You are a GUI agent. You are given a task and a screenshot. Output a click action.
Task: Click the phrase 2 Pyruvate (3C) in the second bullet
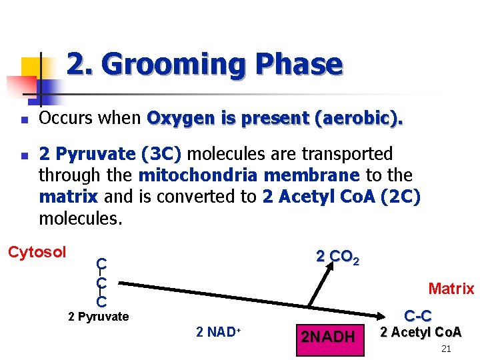[x=110, y=154]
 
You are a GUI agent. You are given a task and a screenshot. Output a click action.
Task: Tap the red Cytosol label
[x=37, y=252]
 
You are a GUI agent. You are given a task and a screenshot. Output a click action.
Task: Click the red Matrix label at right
[x=451, y=289]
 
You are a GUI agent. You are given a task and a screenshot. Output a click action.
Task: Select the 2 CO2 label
[x=337, y=257]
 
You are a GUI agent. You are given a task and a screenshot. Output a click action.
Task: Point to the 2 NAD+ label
[x=218, y=331]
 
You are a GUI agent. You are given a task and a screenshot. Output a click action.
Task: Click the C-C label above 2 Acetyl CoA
[x=417, y=316]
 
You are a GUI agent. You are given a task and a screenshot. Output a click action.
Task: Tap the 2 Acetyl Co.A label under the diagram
[x=421, y=332]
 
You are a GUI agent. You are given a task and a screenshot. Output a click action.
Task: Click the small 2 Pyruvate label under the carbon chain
[x=99, y=317]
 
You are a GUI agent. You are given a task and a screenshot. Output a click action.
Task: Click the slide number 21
[x=447, y=349]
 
